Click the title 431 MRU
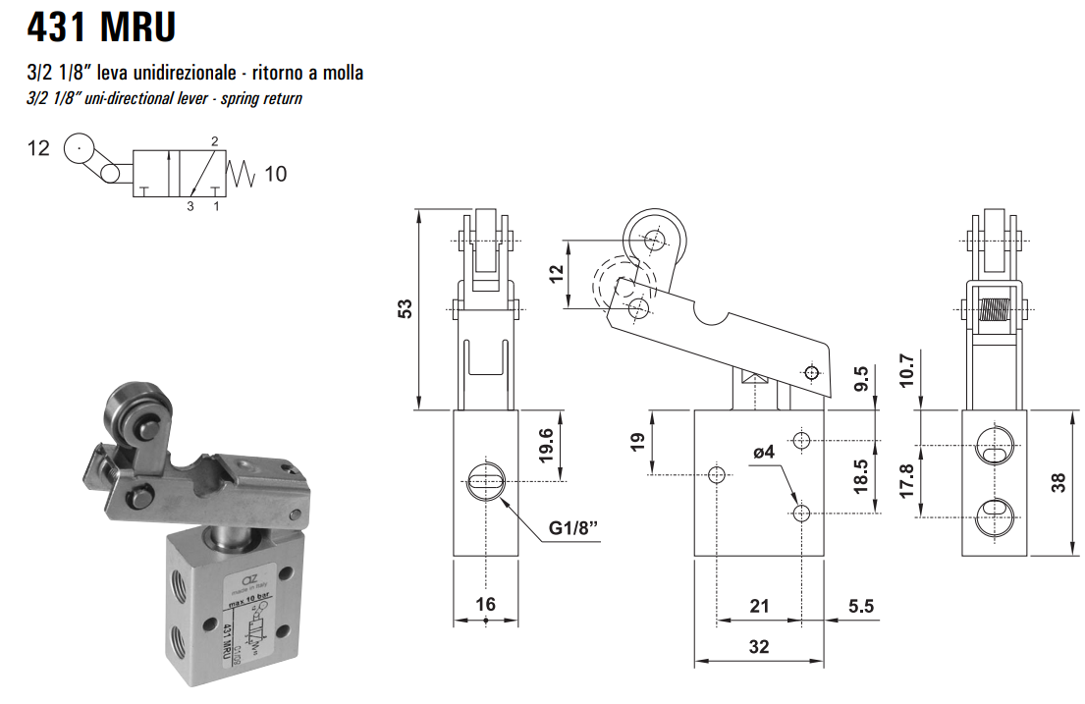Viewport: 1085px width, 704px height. point(102,27)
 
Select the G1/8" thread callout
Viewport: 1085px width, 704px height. point(570,531)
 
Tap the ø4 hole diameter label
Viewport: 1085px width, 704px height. point(764,453)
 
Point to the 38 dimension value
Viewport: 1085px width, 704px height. point(1058,482)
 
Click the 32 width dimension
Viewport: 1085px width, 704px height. point(758,646)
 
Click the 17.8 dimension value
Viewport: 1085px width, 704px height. point(906,480)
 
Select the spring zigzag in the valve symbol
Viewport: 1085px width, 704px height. point(242,174)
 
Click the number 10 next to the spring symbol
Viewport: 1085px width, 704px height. point(276,174)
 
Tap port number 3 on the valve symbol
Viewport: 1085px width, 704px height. point(190,207)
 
